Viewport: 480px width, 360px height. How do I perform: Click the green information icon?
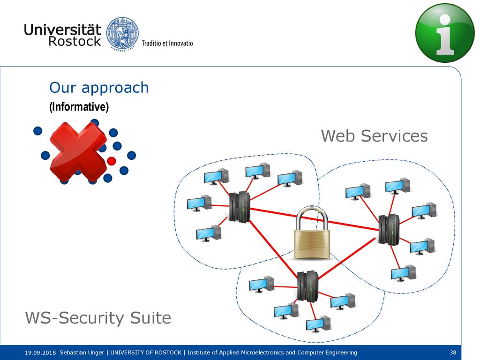pos(445,33)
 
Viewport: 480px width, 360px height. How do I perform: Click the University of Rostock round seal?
pos(122,33)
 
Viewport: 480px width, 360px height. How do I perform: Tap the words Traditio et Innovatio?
pos(167,43)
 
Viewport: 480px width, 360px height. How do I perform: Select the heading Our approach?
pos(99,88)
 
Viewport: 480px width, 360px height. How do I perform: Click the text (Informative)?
pos(79,106)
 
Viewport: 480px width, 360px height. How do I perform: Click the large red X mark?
pos(78,151)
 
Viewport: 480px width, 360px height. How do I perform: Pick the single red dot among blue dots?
pos(112,161)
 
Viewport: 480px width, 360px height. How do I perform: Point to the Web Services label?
pos(374,135)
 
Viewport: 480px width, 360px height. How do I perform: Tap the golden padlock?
pos(312,233)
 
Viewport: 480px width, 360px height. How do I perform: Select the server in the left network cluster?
pos(240,207)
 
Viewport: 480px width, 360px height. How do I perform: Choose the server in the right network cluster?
pos(389,230)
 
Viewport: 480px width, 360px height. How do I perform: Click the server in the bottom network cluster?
pos(307,286)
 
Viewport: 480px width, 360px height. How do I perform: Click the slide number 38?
pos(453,352)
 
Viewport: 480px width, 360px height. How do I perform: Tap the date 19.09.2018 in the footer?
pos(40,352)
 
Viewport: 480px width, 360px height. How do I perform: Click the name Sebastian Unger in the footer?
pos(82,352)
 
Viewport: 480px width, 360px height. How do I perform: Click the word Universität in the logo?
pos(62,30)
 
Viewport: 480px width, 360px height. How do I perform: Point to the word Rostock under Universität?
pos(75,41)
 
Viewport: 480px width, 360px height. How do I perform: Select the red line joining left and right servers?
pos(315,219)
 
